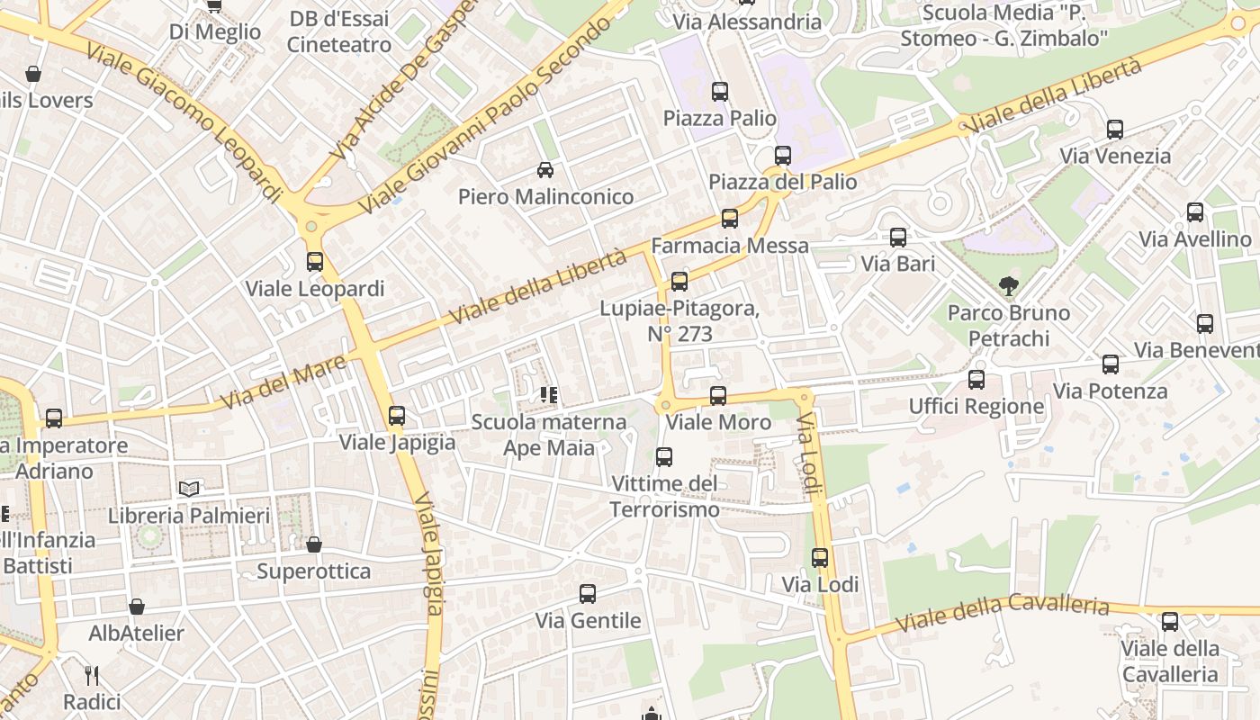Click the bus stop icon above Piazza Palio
[x=719, y=91]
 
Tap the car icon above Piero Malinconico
[x=544, y=169]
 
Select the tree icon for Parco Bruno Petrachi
[x=1009, y=286]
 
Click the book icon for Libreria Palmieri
[x=188, y=489]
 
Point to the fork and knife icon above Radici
[x=91, y=675]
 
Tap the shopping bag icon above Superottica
[x=313, y=544]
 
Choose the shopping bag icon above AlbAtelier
[x=136, y=607]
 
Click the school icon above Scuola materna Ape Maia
[x=548, y=394]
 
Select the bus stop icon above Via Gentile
[x=588, y=594]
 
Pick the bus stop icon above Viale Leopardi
[x=314, y=262]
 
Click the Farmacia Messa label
[x=729, y=245]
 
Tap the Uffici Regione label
[x=976, y=406]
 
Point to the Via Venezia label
[x=1115, y=156]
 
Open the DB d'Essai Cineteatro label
[x=338, y=31]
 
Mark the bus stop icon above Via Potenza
[x=1111, y=364]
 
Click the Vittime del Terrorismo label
[x=664, y=497]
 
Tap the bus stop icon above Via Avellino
[x=1194, y=212]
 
